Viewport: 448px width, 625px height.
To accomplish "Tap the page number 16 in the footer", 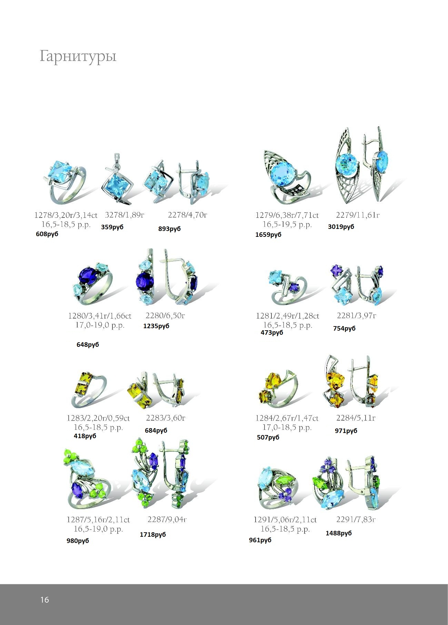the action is (45, 600).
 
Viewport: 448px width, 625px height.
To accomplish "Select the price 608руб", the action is (47, 234).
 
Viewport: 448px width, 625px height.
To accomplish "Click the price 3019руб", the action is (341, 227).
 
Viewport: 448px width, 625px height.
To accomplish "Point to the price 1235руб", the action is (156, 326).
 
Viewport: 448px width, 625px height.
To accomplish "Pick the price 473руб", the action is (272, 333).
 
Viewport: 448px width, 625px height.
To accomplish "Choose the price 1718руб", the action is (153, 535).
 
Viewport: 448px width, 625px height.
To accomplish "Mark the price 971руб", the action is (346, 431).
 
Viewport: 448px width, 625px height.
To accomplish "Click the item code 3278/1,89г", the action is (125, 215).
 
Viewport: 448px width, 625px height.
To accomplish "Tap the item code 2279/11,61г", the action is (358, 215).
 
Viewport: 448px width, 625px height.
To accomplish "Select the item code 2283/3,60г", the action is (166, 418).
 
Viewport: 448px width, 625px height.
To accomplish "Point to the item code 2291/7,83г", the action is (356, 520).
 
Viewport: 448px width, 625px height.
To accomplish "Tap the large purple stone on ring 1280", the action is (87, 276).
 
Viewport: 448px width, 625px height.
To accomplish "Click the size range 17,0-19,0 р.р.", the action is (100, 325).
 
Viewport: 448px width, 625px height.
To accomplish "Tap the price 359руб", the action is (112, 227).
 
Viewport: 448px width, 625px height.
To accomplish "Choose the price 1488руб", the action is (339, 533).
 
